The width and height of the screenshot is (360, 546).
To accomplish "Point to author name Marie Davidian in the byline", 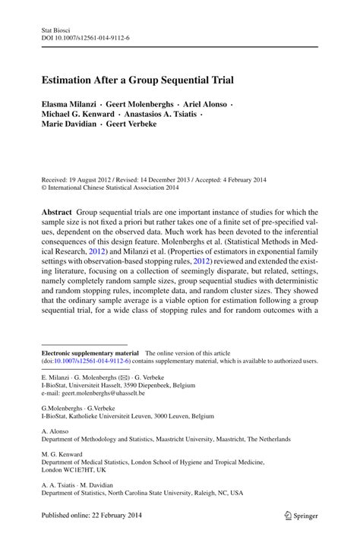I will point(70,124).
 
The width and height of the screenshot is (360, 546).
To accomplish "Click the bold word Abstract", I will point(57,213).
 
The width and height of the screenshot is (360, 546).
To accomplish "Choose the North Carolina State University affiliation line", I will point(142,492).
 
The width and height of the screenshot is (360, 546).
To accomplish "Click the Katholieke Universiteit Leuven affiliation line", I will point(128,416).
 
